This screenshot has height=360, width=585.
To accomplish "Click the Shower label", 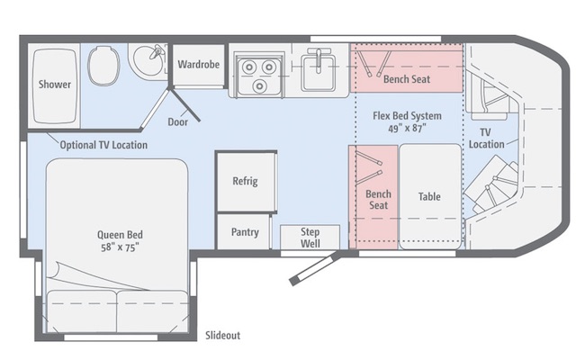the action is pos(55,85).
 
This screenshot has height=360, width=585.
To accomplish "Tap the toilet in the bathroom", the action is pos(103,66).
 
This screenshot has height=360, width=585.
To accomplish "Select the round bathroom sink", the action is pos(148,59).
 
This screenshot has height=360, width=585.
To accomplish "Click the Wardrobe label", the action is pos(199,64).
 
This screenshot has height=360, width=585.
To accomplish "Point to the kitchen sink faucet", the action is pos(319,59).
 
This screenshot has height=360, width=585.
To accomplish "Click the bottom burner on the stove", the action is pos(259,86).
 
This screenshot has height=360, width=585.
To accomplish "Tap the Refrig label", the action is pos(245,181).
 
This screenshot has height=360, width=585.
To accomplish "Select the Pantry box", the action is pos(244,231).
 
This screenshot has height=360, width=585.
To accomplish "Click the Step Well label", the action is pos(310,238).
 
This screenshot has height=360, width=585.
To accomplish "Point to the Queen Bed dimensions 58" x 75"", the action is pos(120,247).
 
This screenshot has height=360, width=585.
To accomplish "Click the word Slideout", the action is pos(222,336).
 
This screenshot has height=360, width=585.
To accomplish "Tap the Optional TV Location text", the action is pos(103,145).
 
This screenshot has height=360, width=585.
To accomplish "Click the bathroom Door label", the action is pos(177,121).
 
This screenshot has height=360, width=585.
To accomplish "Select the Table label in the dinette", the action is pos(429,196).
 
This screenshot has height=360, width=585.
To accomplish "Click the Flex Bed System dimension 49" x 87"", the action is pos(407,129).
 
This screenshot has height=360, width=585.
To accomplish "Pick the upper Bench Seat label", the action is pos(407,79).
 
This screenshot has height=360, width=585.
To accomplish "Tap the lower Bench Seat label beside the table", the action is pos(378,200).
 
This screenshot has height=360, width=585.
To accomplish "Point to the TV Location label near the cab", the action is pos(486,138).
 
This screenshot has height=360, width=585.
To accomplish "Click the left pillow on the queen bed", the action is pos(82,310).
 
